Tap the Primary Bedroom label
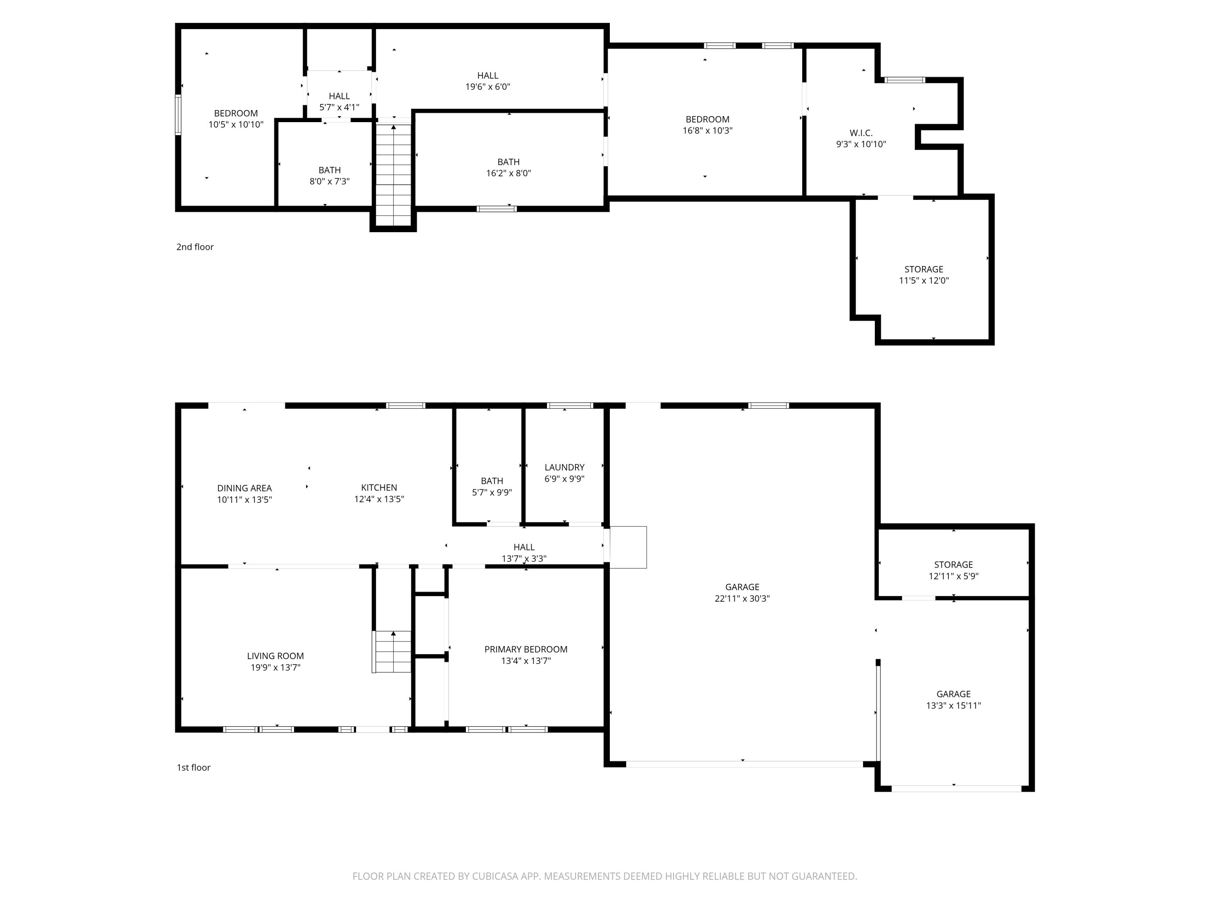pyautogui.click(x=526, y=649)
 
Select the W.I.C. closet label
pyautogui.click(x=860, y=133)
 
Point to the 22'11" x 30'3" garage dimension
pyautogui.click(x=742, y=598)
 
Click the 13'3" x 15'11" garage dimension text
pyautogui.click(x=953, y=705)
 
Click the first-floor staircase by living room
pyautogui.click(x=392, y=652)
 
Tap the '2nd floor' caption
pyautogui.click(x=195, y=247)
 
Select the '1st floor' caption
pyautogui.click(x=193, y=767)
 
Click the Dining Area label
pyautogui.click(x=244, y=488)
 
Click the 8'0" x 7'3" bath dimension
pyautogui.click(x=329, y=181)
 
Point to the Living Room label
pyautogui.click(x=275, y=655)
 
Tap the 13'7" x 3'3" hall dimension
pyautogui.click(x=524, y=558)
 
